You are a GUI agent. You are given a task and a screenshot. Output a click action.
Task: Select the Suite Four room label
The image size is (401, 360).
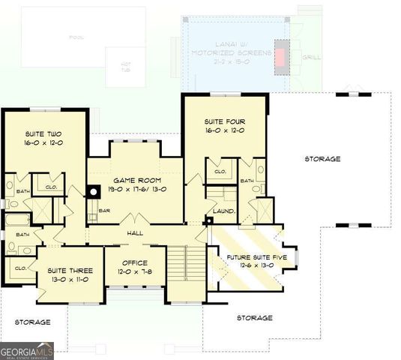(225, 121)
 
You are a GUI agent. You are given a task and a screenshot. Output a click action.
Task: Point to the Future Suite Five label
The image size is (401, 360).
(253, 257)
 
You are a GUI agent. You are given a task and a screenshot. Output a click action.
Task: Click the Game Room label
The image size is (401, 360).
(134, 181)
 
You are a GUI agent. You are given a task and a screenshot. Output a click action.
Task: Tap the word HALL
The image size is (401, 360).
(135, 232)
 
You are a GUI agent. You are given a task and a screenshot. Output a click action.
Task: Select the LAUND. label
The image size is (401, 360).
(224, 211)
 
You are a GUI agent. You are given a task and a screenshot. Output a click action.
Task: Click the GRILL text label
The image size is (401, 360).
(311, 56)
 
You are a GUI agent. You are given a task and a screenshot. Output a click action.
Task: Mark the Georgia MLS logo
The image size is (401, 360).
(27, 350)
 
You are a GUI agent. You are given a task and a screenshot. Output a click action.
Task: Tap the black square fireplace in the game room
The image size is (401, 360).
(94, 190)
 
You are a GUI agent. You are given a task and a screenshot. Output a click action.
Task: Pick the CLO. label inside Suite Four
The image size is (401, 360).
(220, 172)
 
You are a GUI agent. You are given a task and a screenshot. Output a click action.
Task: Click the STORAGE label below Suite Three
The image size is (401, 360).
(32, 322)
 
